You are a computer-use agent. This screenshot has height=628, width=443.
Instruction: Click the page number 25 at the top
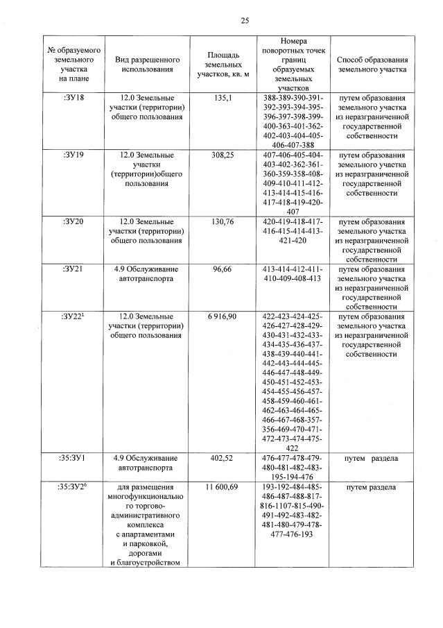tap(245, 20)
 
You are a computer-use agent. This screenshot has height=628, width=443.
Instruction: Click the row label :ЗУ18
tap(73, 98)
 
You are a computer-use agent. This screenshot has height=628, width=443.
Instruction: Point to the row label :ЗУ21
tap(73, 269)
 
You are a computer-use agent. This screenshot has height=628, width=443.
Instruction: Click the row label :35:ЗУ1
tap(73, 458)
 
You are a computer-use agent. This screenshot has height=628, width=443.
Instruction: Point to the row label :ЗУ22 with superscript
tap(73, 316)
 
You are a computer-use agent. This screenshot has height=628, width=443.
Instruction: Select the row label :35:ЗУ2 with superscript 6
tap(73, 488)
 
